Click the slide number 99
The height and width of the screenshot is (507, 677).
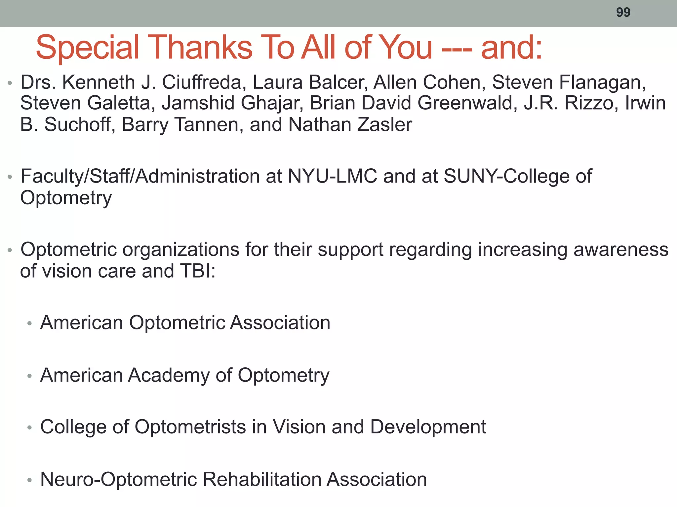point(623,13)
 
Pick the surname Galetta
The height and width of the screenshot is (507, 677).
point(121,103)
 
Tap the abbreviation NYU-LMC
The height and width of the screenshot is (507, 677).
point(332,176)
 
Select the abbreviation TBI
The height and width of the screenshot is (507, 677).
point(197,271)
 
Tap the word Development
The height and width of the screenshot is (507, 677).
point(428,427)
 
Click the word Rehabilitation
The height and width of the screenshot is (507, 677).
point(261,479)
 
